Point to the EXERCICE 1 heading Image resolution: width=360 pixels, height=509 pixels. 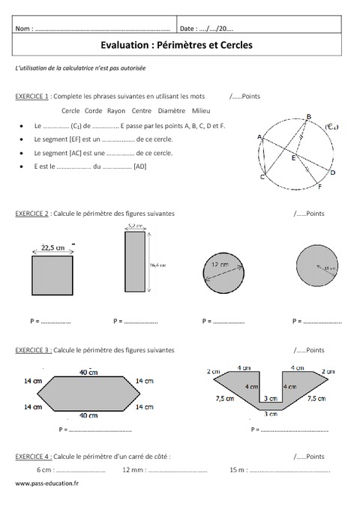coord(32,97)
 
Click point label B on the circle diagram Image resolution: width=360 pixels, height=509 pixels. coord(309,115)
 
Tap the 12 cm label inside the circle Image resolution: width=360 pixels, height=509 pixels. coord(219,265)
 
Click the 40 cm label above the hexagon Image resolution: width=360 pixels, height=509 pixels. coord(88,371)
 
